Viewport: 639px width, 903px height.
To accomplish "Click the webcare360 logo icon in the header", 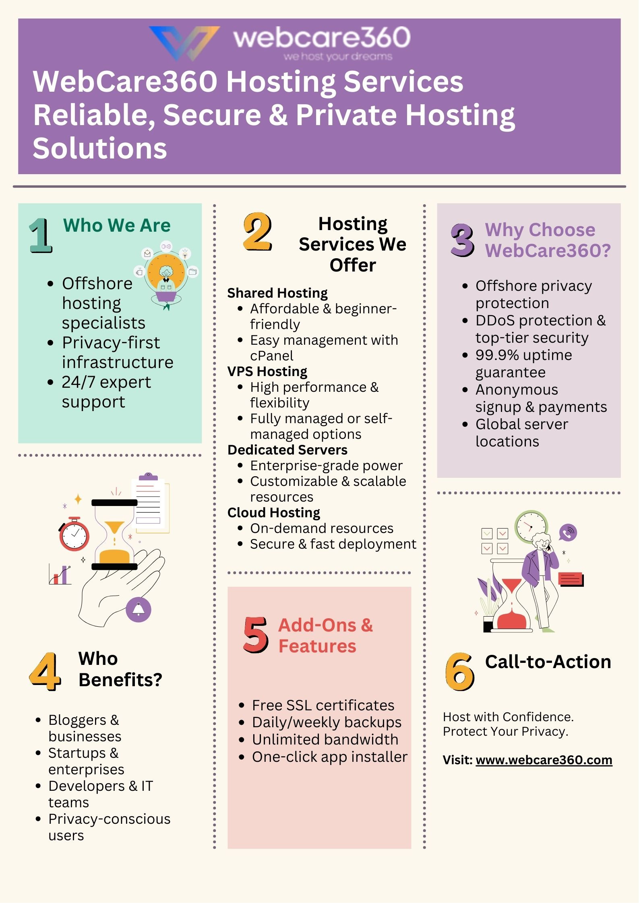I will click(x=184, y=42).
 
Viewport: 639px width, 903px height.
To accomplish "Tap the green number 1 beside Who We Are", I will click(x=41, y=235).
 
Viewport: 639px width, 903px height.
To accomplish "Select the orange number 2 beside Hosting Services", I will click(x=257, y=232).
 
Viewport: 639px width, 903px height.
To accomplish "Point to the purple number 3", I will click(x=462, y=240).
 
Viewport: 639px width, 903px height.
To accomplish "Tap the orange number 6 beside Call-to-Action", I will click(x=460, y=671).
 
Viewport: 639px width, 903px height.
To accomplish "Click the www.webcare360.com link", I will click(x=544, y=760).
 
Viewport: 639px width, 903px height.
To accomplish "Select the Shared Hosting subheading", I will click(x=277, y=293).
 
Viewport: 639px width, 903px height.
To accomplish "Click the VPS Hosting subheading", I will click(x=267, y=371).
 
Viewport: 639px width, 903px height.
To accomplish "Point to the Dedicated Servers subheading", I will click(x=287, y=450).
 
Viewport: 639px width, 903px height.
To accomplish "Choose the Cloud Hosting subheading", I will click(x=273, y=512).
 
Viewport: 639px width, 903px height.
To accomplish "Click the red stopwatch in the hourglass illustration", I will click(x=74, y=534).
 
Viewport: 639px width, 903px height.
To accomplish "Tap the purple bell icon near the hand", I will click(x=139, y=610).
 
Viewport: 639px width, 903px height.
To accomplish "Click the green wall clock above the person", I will click(x=531, y=526).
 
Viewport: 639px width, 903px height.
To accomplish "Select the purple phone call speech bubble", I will click(x=568, y=533).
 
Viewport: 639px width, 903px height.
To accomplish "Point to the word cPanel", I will click(x=271, y=356).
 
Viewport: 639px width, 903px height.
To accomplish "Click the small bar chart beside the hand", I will click(x=60, y=574).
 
